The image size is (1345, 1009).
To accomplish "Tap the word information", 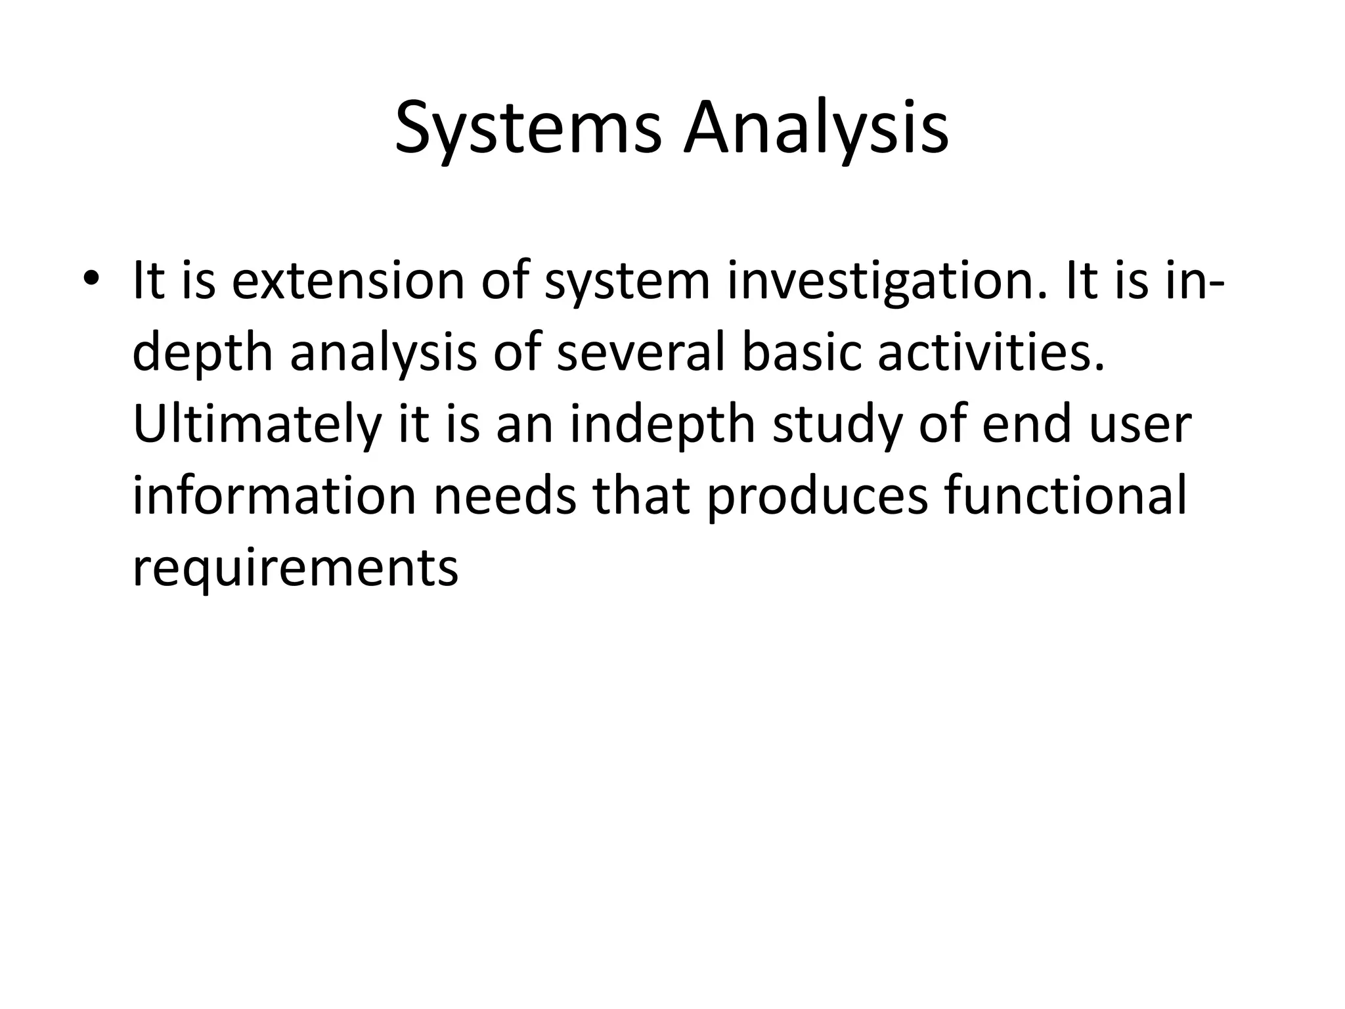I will pyautogui.click(x=275, y=496).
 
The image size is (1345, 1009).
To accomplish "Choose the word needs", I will pyautogui.click(x=504, y=496).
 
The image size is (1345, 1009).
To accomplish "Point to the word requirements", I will pyautogui.click(x=295, y=569).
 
